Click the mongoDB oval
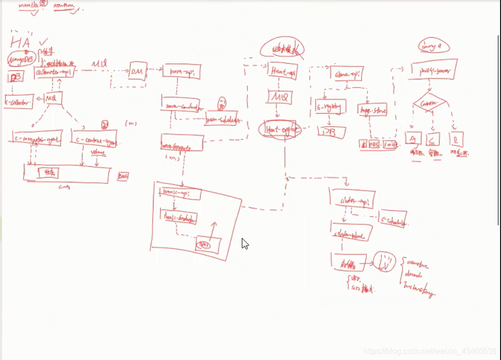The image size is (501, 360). tap(22, 59)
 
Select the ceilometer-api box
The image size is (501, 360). tap(54, 72)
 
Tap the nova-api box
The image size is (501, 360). tap(182, 71)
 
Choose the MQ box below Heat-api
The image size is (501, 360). tap(280, 97)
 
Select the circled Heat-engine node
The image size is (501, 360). tap(279, 129)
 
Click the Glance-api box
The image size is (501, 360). tap(348, 74)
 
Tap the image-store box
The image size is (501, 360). tap(372, 110)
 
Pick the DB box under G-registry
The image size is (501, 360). tap(332, 132)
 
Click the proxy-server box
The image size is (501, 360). tap(434, 70)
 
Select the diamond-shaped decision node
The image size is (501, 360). tap(430, 103)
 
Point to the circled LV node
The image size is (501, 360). tap(384, 262)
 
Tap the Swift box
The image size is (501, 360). tap(390, 144)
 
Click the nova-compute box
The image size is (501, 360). tap(182, 143)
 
